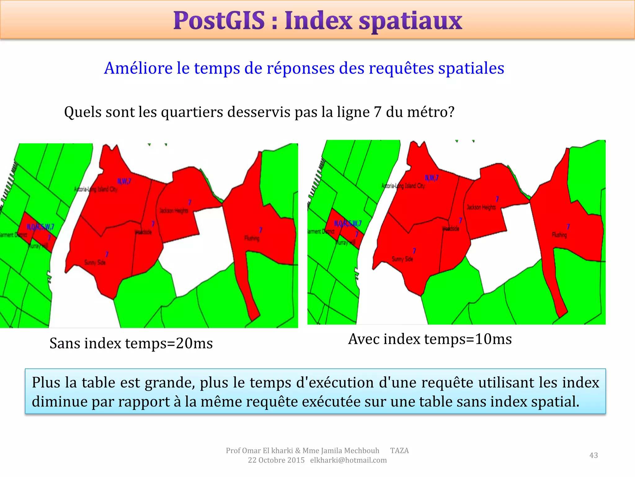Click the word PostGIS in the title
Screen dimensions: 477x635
click(219, 21)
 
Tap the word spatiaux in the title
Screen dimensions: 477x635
click(411, 21)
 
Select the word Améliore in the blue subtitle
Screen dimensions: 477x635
click(138, 68)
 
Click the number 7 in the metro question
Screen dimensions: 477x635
click(377, 112)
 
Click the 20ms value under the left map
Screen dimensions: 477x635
click(194, 343)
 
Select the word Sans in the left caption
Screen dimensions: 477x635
click(65, 343)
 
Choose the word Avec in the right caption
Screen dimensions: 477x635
click(364, 339)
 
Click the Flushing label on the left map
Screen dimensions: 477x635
click(252, 238)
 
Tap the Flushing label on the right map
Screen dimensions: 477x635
click(559, 235)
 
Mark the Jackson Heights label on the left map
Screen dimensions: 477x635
click(174, 211)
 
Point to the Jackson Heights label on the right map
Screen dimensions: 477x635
click(481, 207)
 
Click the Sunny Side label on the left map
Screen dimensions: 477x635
click(95, 262)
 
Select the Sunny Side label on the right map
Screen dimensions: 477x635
click(402, 259)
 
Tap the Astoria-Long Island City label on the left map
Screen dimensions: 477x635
click(96, 189)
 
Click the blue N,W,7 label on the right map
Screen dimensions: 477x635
click(432, 178)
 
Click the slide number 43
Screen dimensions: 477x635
click(593, 455)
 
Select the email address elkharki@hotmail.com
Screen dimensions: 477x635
click(349, 460)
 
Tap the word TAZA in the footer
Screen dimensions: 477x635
click(399, 451)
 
